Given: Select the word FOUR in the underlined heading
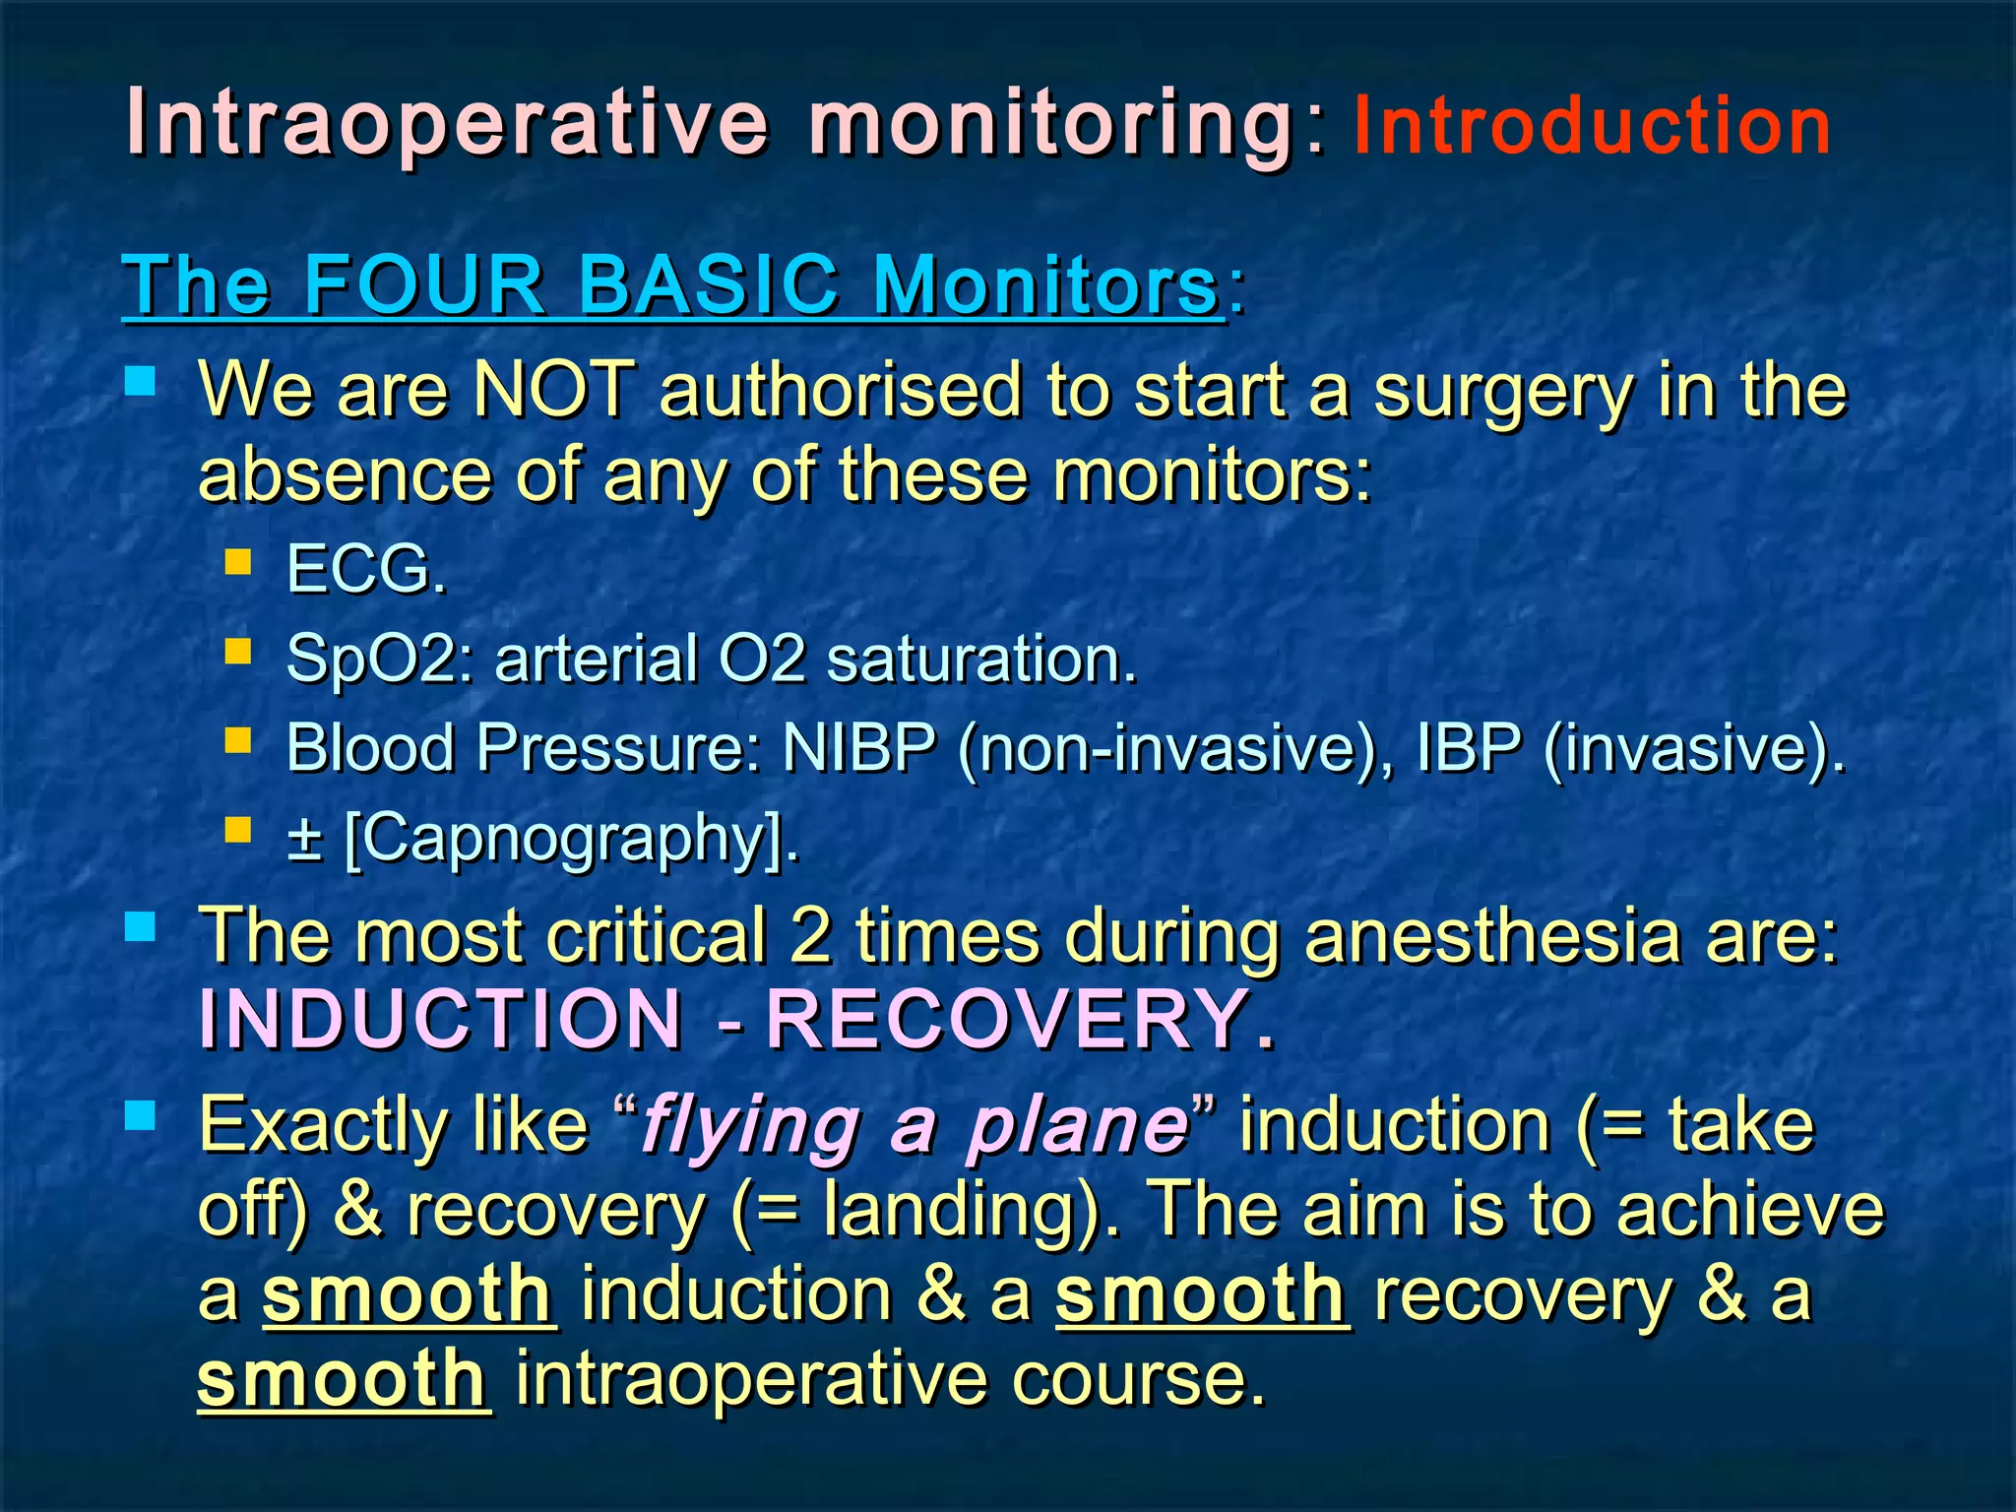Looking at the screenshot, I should coord(424,285).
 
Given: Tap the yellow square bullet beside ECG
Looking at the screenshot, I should coord(238,562).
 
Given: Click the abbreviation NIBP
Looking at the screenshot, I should coord(859,748).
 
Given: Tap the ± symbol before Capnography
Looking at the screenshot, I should coord(305,839).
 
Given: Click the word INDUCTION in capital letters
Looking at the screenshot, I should coord(441,1020).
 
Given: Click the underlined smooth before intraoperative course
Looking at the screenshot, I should coord(342,1380).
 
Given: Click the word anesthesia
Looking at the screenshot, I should coord(1492,936).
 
